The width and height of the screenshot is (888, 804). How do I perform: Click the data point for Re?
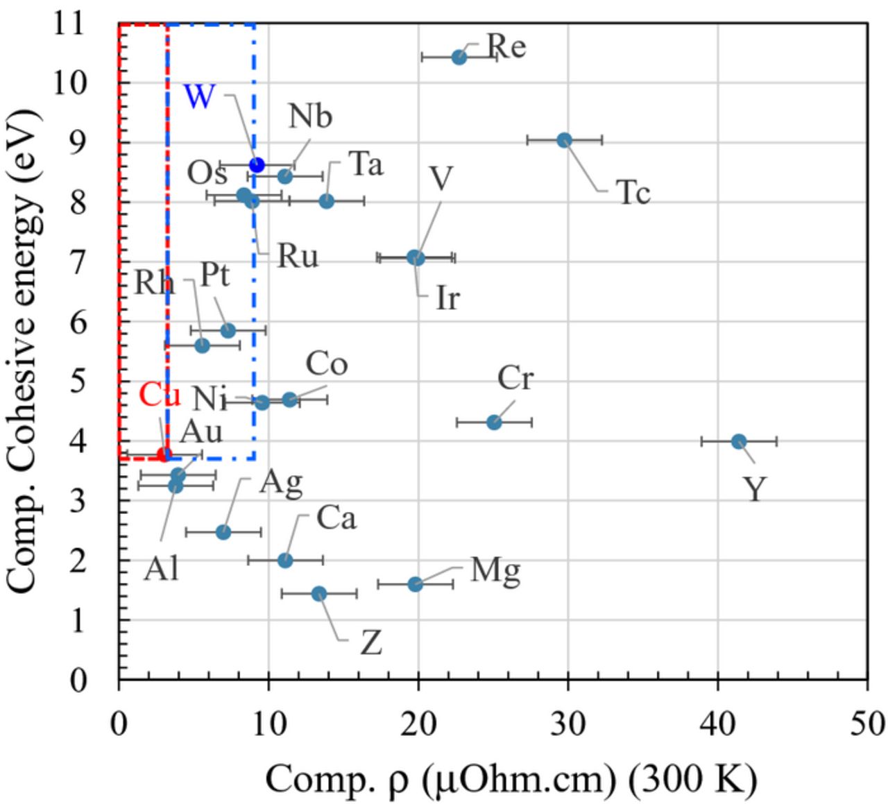[x=459, y=57]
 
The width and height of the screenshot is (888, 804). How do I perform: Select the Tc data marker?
[x=565, y=140]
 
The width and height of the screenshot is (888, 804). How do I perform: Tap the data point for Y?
[x=739, y=441]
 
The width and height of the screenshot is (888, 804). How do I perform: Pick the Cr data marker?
[x=494, y=422]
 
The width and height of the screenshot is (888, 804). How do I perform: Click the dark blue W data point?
[x=257, y=165]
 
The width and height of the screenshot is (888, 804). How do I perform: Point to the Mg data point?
[x=415, y=584]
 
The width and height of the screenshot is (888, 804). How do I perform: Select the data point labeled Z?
[x=319, y=594]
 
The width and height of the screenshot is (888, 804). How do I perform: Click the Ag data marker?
[x=223, y=532]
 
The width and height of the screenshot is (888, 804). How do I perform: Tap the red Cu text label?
[x=160, y=395]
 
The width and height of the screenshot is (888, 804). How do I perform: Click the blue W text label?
[x=199, y=97]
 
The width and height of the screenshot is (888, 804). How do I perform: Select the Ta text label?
[x=366, y=165]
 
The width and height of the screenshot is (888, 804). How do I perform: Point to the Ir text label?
[x=447, y=299]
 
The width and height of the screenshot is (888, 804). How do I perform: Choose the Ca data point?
[x=285, y=560]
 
